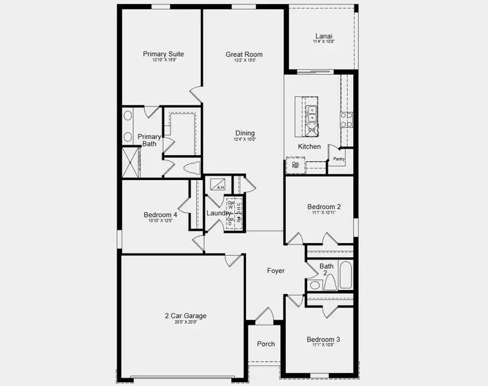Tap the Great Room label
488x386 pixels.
click(x=244, y=55)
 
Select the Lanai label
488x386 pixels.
click(x=324, y=36)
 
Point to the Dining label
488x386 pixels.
click(x=245, y=133)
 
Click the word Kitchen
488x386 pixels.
click(x=309, y=147)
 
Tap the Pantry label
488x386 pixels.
click(x=339, y=159)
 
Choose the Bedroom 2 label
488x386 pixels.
click(x=324, y=207)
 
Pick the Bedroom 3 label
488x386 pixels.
click(x=323, y=340)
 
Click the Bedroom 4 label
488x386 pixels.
click(x=160, y=215)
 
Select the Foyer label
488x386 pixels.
click(x=276, y=271)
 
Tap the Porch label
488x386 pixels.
click(x=266, y=344)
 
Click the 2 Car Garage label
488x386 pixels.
click(x=185, y=316)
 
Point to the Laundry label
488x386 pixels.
click(x=218, y=214)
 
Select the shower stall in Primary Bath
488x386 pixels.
click(x=131, y=162)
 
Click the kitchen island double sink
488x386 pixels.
click(x=311, y=114)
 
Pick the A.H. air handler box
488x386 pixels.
click(x=219, y=184)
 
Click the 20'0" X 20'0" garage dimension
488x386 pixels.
click(x=185, y=322)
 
